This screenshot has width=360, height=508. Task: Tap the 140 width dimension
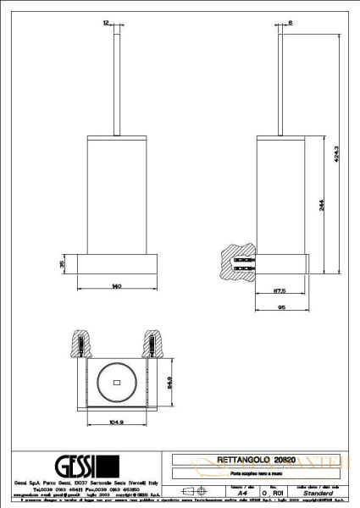(x=117, y=287)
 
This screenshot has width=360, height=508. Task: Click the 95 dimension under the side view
(x=280, y=308)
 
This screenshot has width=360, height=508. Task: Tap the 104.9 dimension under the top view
(x=116, y=420)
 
